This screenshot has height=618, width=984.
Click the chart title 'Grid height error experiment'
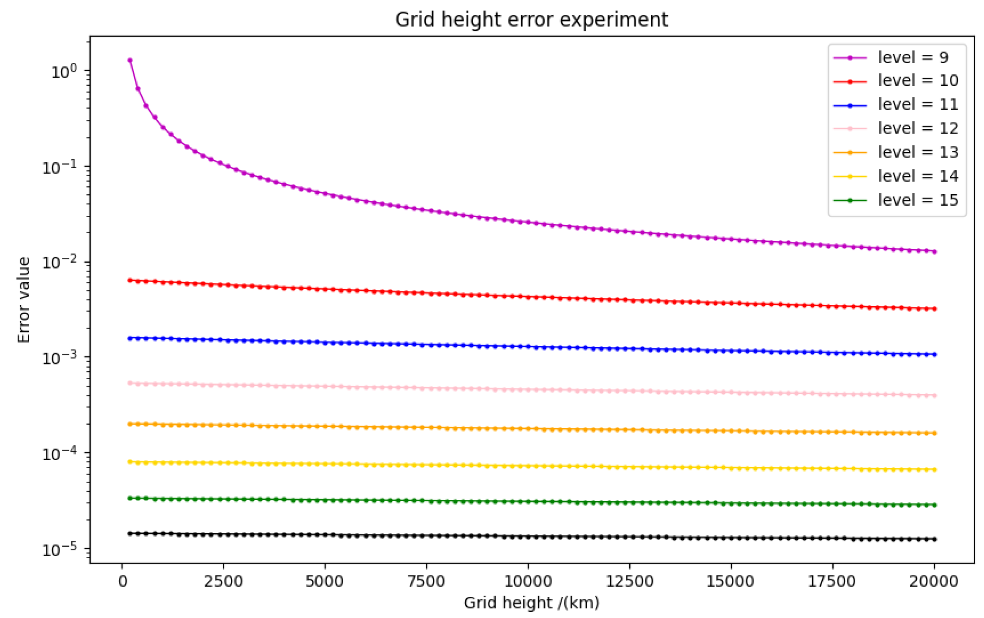point(531,20)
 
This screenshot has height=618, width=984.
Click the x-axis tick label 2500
point(223,581)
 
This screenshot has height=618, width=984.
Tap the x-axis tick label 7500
point(426,581)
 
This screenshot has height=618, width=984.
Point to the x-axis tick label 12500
point(629,581)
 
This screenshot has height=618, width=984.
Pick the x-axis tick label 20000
point(934,581)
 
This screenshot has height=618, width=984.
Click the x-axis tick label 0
point(123,581)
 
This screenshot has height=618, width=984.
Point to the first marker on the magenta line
point(130,60)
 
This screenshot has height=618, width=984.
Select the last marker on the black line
point(934,539)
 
